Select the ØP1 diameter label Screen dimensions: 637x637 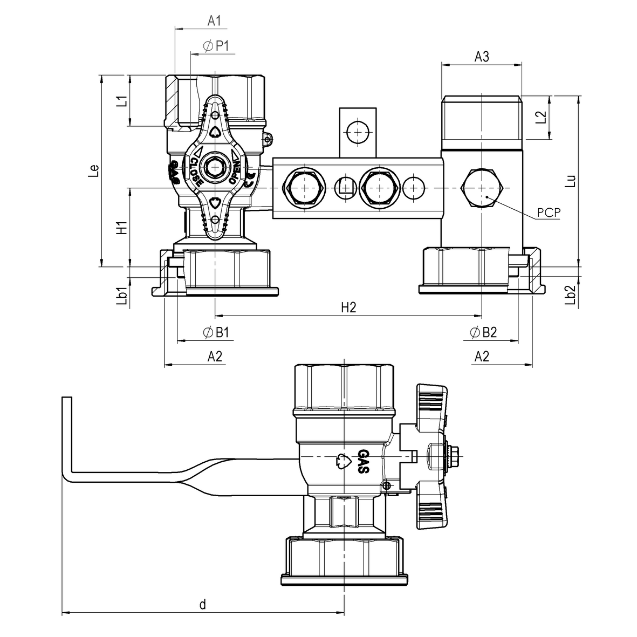216,47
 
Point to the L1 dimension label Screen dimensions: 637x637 122,101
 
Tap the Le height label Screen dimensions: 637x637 94,170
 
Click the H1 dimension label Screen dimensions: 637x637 122,228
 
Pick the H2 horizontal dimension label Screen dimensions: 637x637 348,307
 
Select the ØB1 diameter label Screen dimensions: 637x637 216,333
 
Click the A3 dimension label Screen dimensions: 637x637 482,56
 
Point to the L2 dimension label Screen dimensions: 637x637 542,117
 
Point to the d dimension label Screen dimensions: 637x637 203,604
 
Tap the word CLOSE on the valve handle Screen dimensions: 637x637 195,172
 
